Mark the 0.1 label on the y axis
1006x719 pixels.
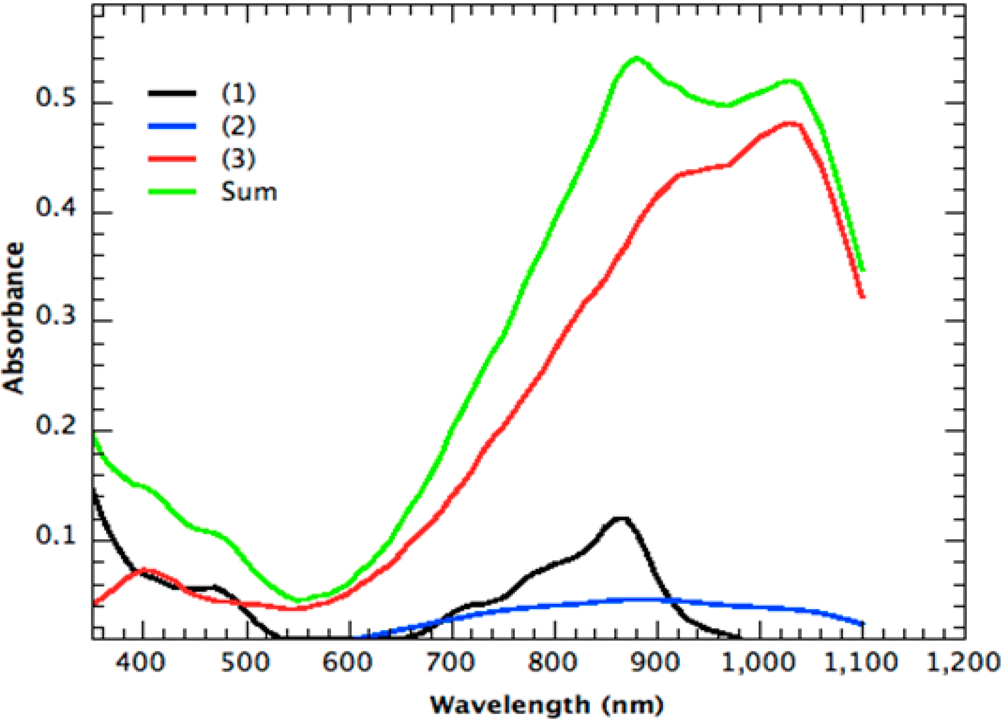click(x=56, y=534)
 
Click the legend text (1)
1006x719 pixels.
click(x=239, y=94)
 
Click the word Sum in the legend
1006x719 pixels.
click(x=249, y=192)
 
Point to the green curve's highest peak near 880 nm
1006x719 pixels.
click(x=637, y=58)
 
